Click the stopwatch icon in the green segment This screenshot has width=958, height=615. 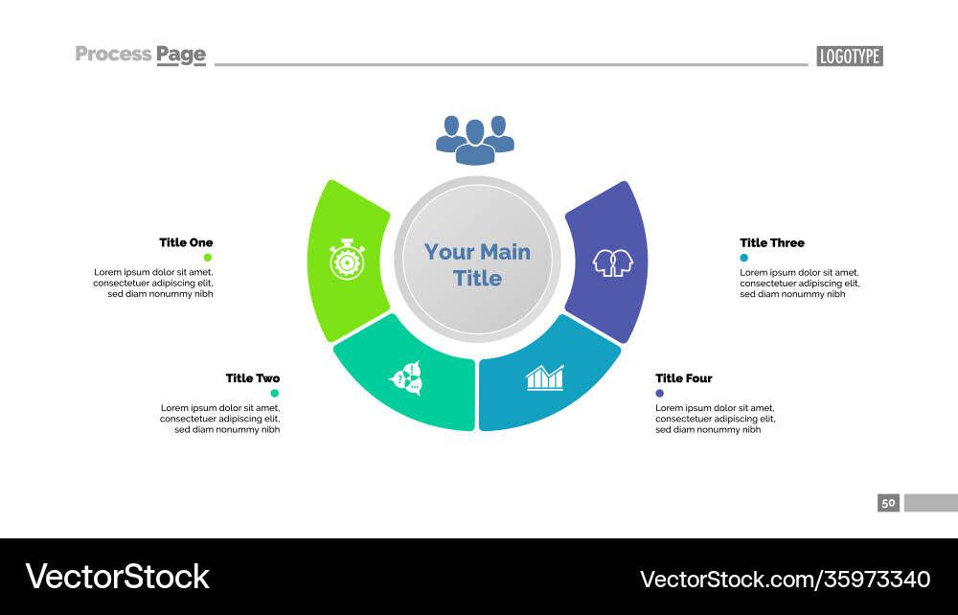click(346, 261)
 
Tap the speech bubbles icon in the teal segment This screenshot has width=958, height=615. click(406, 379)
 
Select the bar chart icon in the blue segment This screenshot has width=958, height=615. click(545, 377)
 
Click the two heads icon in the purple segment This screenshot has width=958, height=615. click(613, 261)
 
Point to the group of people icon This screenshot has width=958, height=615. click(475, 140)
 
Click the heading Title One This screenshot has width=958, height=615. click(186, 242)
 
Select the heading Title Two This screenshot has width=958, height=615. click(253, 378)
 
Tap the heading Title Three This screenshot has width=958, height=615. click(772, 242)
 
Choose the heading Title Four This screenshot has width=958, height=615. click(684, 378)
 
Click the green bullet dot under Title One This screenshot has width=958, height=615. click(208, 258)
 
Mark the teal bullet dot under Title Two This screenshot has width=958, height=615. click(275, 394)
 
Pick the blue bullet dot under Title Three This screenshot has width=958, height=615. click(744, 258)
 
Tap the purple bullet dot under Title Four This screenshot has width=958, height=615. click(660, 394)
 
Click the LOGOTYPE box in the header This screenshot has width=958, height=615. click(850, 56)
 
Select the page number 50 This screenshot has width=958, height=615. click(888, 502)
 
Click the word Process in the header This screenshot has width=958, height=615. click(113, 54)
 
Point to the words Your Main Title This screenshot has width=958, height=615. click(477, 265)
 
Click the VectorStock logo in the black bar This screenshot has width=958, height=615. click(117, 577)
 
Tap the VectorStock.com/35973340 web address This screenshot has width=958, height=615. click(785, 579)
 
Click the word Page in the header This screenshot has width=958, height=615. click(181, 55)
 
